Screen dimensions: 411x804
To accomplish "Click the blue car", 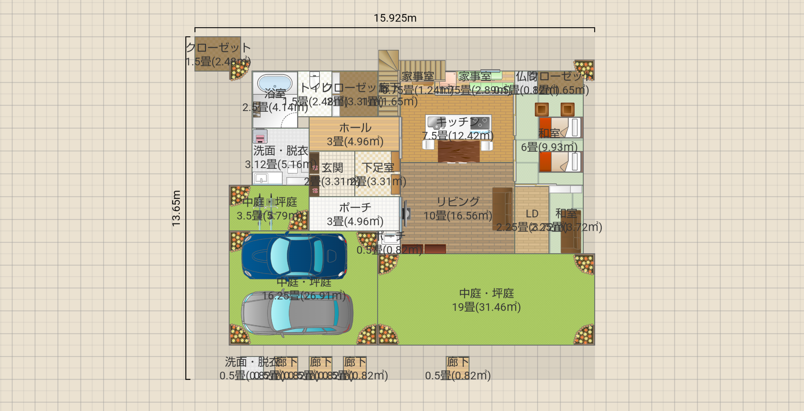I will [x=294, y=256].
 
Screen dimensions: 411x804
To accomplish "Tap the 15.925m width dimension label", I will [x=395, y=18].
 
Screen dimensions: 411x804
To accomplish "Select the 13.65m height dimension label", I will [x=176, y=208].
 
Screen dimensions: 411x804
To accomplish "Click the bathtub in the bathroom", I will [x=275, y=83].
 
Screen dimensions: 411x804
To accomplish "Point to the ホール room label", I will [x=355, y=128].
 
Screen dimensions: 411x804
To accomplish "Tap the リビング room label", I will [x=458, y=201].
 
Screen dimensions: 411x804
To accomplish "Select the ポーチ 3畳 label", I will [x=355, y=214].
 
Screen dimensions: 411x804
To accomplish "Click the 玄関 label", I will [x=332, y=168].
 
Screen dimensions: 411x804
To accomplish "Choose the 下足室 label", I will [x=378, y=168].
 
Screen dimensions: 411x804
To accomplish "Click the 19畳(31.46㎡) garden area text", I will [x=486, y=307].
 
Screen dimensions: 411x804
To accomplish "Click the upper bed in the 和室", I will [x=560, y=127].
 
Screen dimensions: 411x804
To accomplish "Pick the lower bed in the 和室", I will [x=560, y=162].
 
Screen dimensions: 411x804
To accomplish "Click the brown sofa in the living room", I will [x=502, y=209].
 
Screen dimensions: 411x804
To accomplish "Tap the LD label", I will [x=532, y=214].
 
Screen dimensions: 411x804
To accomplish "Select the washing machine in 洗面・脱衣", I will [x=260, y=136].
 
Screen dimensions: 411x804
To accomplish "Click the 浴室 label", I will [x=275, y=93].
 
